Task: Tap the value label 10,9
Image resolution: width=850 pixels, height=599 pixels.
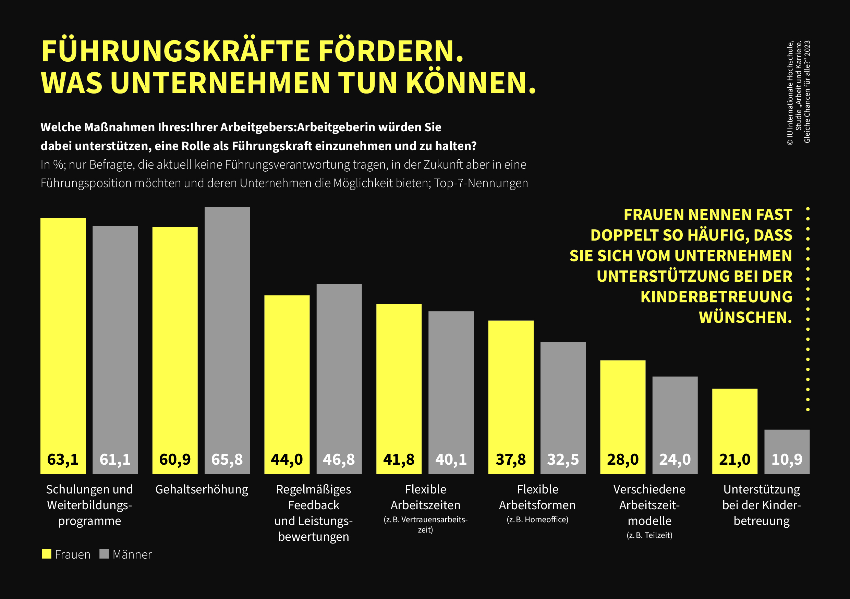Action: click(787, 460)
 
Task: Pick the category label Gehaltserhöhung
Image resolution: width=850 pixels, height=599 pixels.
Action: click(202, 489)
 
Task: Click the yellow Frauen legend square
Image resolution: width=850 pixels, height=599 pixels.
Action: click(46, 554)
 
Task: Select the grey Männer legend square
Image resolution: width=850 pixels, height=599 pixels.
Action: click(104, 554)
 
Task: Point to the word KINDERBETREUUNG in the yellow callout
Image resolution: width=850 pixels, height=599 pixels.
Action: click(716, 297)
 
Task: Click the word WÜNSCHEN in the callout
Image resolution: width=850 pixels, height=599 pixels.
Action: click(745, 317)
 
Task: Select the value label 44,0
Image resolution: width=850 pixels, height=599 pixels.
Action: click(287, 460)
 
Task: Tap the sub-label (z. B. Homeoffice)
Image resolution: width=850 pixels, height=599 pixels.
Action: click(537, 519)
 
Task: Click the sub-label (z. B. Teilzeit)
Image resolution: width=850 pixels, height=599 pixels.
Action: click(649, 535)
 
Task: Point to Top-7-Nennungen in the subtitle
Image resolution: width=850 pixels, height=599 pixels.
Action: click(481, 183)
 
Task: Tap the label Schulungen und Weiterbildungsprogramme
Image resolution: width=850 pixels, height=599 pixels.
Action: click(89, 505)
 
